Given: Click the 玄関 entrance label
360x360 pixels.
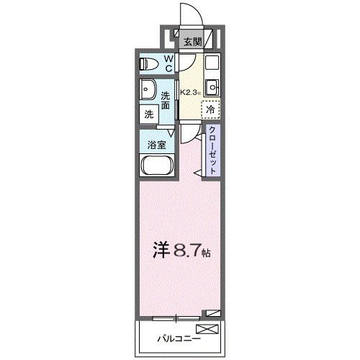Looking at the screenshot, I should [x=191, y=41].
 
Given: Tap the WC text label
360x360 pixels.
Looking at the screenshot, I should [x=167, y=63].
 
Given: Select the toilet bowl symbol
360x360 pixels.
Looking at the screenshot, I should [x=150, y=63].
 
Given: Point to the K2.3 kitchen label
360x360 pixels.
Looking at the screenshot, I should [x=191, y=92].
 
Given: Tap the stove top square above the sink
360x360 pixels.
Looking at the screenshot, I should [x=212, y=63].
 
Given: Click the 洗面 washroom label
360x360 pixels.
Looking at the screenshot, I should [x=166, y=100].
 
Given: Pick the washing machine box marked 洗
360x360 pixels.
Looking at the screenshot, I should [x=148, y=114].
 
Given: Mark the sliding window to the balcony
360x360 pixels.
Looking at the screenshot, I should [x=176, y=317].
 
